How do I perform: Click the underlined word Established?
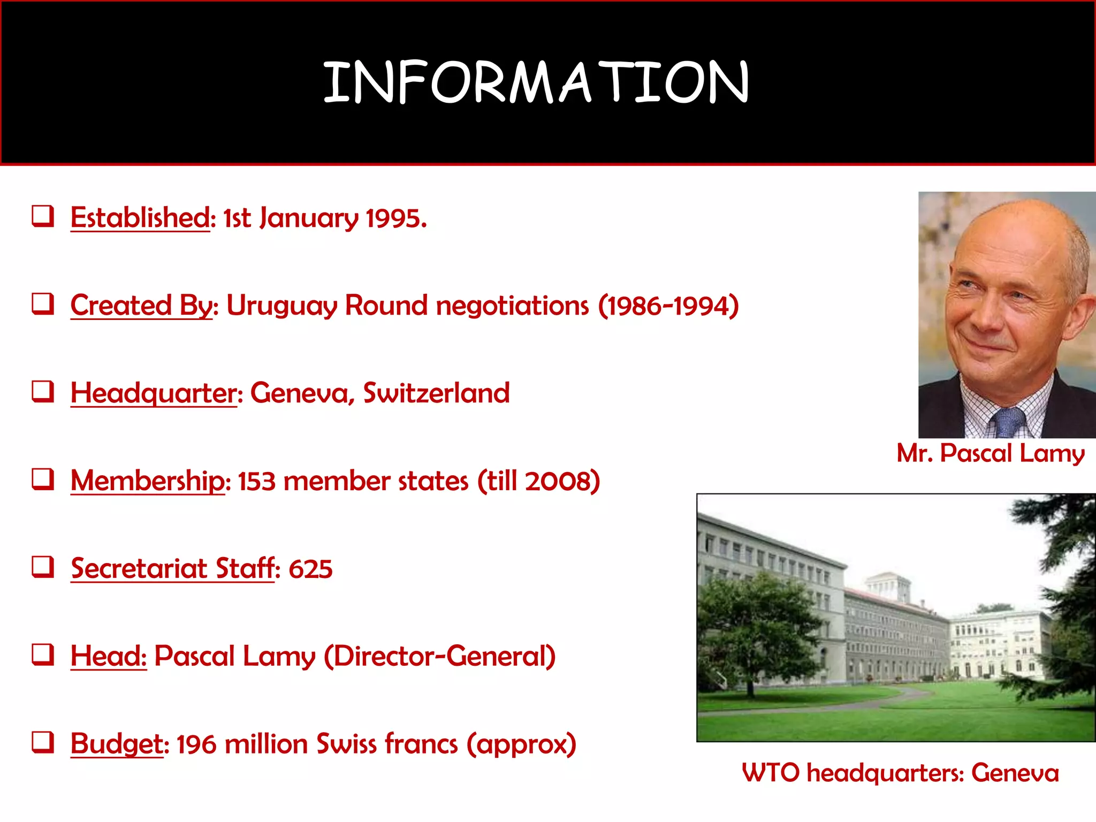coord(140,218)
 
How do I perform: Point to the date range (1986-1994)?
coord(668,306)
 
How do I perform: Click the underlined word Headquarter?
coord(154,393)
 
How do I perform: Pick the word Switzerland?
coord(436,393)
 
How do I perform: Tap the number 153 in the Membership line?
coord(256,481)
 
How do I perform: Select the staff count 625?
coord(310,569)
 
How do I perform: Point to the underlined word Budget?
coord(117,744)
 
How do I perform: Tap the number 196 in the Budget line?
coord(196,744)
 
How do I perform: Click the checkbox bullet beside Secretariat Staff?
coord(43,567)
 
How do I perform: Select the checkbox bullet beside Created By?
coord(43,303)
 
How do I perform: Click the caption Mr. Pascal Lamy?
coord(991,453)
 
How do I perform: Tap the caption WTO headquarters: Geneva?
coord(900,773)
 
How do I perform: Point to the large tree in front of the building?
coord(755,626)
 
